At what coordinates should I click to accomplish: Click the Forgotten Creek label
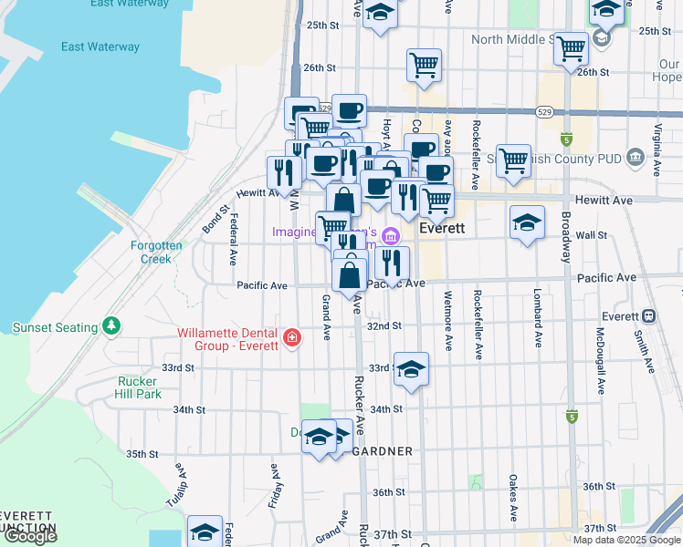coord(156,252)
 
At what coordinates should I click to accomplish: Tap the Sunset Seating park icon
coord(111,325)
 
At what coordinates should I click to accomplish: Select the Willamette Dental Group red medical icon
coord(291,338)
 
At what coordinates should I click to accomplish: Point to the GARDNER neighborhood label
coord(383,451)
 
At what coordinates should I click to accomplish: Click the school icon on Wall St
coord(527,223)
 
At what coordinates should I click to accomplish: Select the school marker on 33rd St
coord(411,369)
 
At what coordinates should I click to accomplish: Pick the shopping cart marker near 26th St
coord(424,66)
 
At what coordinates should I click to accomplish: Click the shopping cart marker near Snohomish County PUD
coord(514,160)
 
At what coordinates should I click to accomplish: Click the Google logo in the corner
coord(30,537)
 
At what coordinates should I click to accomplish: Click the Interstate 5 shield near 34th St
coord(572,417)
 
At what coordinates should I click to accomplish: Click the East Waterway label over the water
coord(100,46)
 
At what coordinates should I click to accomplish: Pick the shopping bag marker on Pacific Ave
coord(350,273)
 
